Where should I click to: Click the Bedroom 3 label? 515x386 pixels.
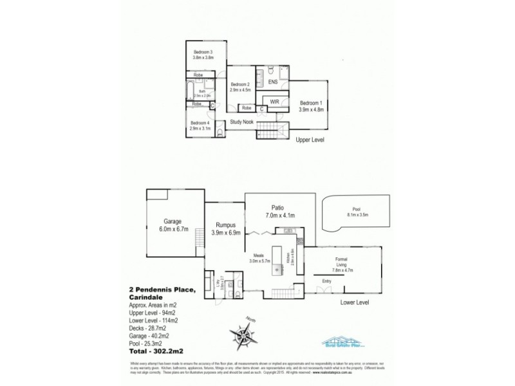[203, 51]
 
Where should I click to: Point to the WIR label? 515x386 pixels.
[274, 102]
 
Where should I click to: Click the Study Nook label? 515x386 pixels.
[241, 122]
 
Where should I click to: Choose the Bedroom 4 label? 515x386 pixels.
[200, 123]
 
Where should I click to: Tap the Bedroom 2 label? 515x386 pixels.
[239, 85]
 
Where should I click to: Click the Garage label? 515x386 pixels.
[172, 221]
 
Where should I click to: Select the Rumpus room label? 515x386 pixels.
[225, 225]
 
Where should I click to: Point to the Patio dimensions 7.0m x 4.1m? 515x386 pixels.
[280, 216]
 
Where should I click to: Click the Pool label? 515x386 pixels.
[356, 208]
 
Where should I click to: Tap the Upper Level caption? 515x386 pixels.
[310, 139]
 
